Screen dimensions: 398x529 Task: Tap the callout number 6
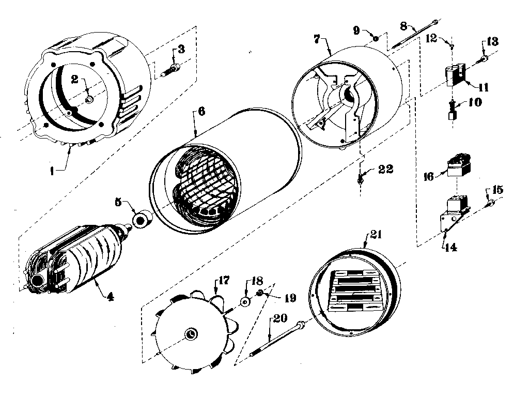pyautogui.click(x=201, y=111)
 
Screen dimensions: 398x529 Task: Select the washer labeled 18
pyautogui.click(x=245, y=302)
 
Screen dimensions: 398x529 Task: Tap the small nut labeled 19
pyautogui.click(x=260, y=294)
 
